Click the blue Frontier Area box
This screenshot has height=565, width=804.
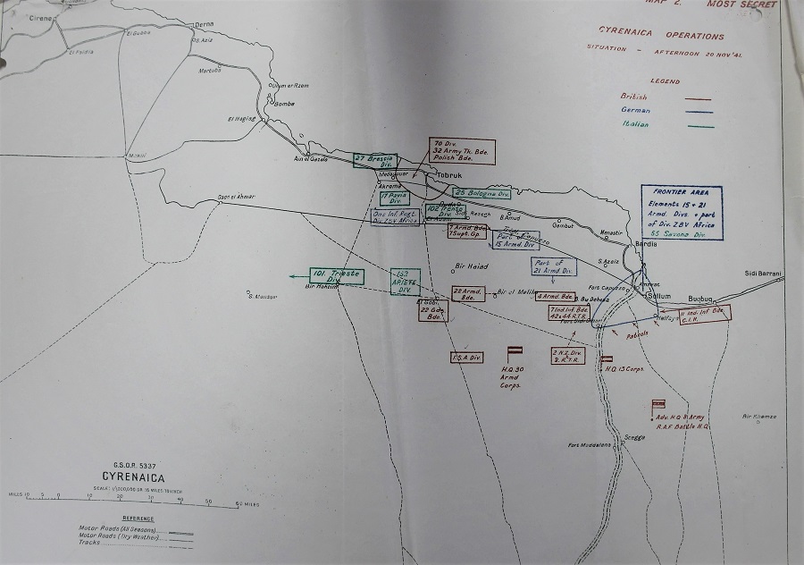pos(683,212)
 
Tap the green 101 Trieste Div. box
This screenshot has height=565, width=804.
pos(337,275)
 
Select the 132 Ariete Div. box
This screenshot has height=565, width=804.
pos(404,282)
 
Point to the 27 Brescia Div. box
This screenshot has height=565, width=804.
pos(373,160)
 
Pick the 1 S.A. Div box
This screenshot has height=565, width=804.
pos(466,358)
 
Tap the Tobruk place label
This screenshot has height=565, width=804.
pos(448,176)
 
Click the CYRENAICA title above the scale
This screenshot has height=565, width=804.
pos(134,478)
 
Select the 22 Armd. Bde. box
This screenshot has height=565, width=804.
pos(468,293)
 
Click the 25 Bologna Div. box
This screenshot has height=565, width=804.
pos(482,193)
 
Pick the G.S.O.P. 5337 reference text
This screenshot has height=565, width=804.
pos(133,464)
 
